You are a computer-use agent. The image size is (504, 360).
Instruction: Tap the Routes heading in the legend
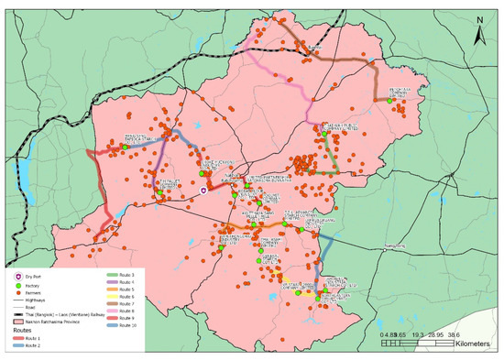pos(24,333)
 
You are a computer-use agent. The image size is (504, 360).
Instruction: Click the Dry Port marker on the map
pos(204,191)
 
